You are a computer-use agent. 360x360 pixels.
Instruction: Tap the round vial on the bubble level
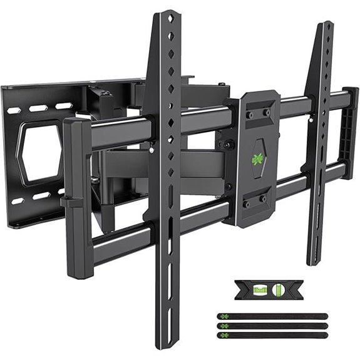(279, 290)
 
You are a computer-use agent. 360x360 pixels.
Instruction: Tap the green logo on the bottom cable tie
(224, 335)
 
